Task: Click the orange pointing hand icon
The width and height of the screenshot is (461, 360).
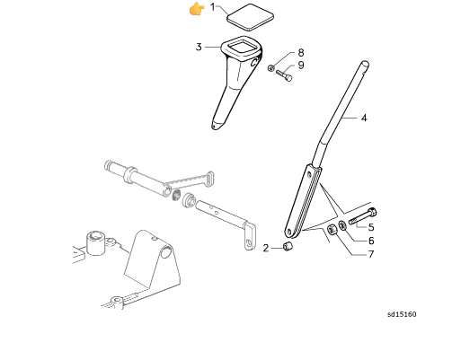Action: pos(197,8)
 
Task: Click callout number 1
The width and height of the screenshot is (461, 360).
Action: pos(213,7)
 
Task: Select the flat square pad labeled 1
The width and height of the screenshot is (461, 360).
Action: pos(250,17)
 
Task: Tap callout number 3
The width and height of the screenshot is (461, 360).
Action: pos(199,47)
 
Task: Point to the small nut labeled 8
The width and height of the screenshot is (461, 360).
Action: pos(271,68)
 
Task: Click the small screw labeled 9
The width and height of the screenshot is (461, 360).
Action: pos(285,75)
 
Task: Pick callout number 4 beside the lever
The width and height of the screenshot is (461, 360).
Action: pos(364,118)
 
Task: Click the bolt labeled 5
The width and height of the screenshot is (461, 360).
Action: pos(362,216)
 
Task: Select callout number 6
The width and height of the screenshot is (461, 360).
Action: pos(371,241)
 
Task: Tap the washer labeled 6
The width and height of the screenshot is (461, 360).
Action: pos(342,225)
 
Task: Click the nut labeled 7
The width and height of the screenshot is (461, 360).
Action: pos(332,230)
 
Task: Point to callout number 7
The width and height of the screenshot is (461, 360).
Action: pos(371,254)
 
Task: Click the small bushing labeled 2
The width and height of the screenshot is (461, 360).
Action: pos(288,246)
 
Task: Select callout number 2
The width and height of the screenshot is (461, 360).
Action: pos(266,248)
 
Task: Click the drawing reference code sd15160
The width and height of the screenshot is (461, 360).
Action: pos(402,314)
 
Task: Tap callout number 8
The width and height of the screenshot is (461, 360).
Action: pos(301,53)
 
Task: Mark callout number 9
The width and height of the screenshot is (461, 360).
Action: pos(301,66)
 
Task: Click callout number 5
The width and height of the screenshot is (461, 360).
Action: pos(371,227)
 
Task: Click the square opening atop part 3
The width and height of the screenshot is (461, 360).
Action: pos(242,48)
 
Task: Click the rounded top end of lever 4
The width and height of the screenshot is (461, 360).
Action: pos(365,65)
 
